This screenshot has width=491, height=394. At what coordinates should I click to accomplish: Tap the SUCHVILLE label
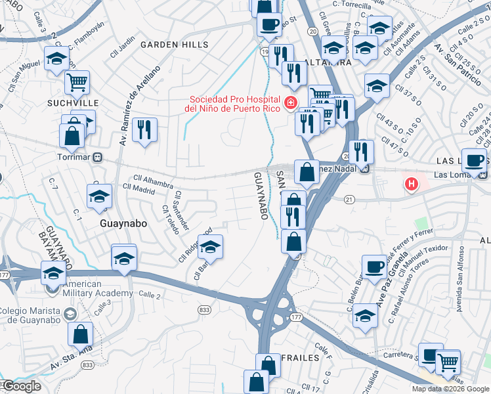pos(72,104)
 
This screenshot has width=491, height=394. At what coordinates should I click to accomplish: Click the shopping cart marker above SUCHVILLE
pos(77,83)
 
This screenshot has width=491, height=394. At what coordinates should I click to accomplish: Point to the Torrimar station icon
pos(97,158)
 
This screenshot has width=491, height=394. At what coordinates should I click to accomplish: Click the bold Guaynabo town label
pos(122,223)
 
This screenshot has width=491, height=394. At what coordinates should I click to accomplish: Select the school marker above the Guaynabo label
pos(98,196)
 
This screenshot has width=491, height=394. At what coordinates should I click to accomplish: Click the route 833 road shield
pos(205,307)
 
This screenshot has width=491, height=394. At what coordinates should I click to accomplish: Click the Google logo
pos(22,387)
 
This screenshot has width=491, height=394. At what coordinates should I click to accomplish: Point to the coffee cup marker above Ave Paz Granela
pos(374,267)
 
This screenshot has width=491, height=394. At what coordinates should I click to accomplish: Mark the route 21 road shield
pos(349,199)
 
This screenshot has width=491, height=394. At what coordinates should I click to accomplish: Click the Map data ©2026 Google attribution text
pos(450,389)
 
